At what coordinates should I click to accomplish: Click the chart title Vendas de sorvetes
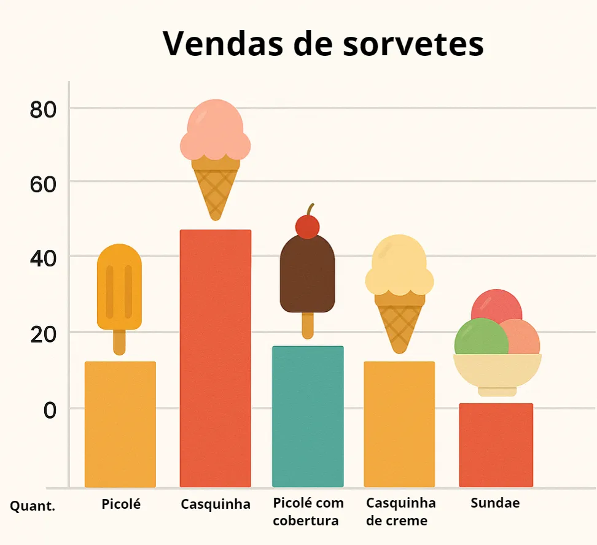click(x=323, y=44)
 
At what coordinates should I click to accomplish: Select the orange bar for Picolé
click(x=120, y=423)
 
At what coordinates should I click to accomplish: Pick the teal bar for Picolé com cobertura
click(x=308, y=416)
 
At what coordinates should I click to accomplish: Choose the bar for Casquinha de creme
click(x=399, y=423)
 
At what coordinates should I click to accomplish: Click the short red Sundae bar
click(x=496, y=444)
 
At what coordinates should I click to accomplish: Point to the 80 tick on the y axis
click(x=43, y=109)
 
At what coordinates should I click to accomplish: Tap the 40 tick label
click(x=43, y=258)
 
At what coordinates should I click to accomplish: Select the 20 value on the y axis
click(x=43, y=334)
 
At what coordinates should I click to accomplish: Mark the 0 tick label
click(x=50, y=409)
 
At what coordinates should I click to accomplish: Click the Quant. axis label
click(x=33, y=506)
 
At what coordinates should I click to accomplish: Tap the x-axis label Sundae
click(x=495, y=503)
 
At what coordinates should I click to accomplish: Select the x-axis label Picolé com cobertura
click(x=308, y=512)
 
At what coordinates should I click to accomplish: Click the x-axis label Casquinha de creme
click(x=400, y=512)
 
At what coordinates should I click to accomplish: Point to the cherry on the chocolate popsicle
click(x=307, y=226)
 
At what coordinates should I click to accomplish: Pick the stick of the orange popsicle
click(x=119, y=342)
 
